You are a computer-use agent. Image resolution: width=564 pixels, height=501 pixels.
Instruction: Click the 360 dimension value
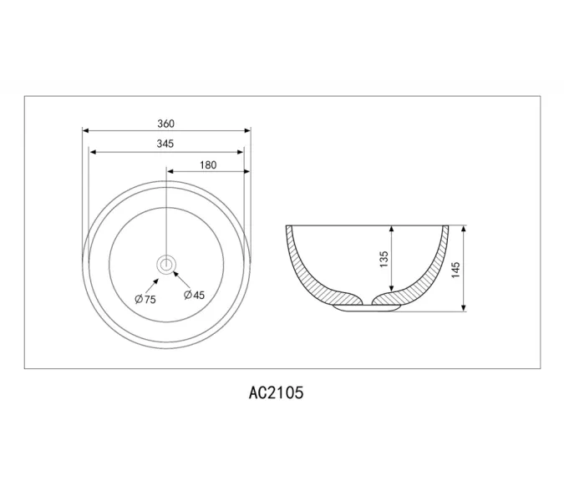click(x=165, y=124)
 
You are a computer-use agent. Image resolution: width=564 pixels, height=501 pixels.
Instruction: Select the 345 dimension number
click(x=165, y=144)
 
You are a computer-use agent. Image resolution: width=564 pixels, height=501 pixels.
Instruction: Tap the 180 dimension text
click(x=208, y=165)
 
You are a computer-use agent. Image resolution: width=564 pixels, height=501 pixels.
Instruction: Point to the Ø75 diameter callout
click(x=145, y=299)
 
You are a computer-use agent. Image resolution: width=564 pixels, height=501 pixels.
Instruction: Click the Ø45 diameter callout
click(x=194, y=295)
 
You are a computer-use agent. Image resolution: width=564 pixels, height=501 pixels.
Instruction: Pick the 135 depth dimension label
click(x=384, y=259)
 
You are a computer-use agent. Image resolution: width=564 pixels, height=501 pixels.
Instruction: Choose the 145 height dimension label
click(x=455, y=270)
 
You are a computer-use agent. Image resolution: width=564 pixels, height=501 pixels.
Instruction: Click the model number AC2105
click(x=276, y=392)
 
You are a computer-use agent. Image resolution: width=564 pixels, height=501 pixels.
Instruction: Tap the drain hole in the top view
click(x=165, y=265)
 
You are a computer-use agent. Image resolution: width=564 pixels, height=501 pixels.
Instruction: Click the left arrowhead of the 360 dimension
click(x=85, y=130)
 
